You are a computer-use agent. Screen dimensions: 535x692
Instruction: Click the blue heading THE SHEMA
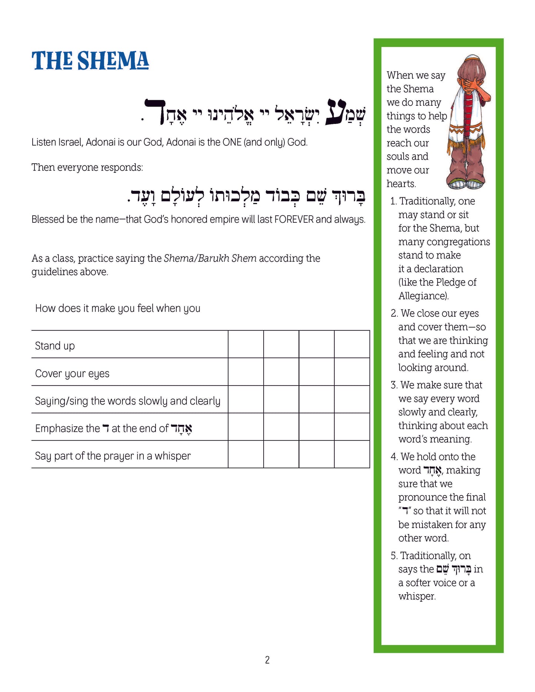point(90,61)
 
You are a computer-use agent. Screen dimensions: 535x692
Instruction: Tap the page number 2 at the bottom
point(267,659)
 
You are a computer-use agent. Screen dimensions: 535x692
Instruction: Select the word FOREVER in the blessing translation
point(294,219)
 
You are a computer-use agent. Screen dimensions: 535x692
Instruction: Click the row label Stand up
point(55,346)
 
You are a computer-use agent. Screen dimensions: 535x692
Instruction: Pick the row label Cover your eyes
point(72,373)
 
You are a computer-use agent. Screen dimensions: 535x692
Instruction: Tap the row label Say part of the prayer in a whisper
point(113,456)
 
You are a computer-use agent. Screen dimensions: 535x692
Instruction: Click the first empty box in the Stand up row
point(246,344)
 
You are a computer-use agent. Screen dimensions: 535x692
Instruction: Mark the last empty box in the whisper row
point(352,454)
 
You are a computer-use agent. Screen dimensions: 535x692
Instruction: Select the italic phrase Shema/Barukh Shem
point(210,258)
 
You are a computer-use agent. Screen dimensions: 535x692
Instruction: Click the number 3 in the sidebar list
point(394,385)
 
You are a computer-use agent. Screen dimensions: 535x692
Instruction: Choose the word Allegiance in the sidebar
point(423,296)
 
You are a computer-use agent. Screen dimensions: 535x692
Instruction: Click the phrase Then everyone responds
point(87,167)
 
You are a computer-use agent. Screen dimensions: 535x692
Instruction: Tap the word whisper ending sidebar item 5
point(417,596)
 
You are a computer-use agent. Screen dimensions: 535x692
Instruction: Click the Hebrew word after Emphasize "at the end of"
point(181,429)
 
